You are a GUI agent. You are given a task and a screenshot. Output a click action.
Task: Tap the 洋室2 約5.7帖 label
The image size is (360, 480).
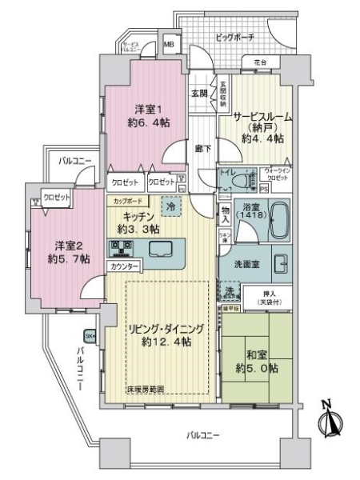point(57,251)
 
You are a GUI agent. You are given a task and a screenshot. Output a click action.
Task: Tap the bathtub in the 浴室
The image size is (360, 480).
point(275,222)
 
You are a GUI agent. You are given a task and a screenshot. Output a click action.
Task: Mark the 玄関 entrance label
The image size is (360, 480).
point(199,93)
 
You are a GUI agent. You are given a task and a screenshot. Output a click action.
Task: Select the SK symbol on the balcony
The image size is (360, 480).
point(89,337)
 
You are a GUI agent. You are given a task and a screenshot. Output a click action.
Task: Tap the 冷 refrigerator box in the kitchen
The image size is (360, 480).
point(170,206)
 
